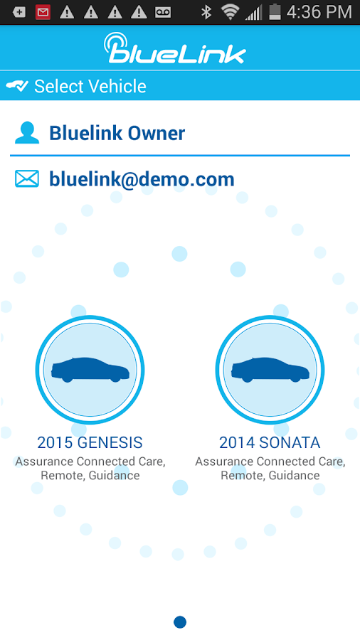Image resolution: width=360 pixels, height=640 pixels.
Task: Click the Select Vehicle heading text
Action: tap(90, 87)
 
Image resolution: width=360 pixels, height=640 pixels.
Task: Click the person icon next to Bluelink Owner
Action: tap(27, 133)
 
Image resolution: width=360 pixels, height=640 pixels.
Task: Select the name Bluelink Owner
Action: tap(117, 133)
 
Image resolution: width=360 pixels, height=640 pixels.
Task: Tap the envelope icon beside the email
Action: tap(27, 178)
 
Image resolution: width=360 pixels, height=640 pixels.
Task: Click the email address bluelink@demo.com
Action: tap(142, 179)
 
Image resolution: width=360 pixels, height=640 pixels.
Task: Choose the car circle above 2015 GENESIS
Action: tap(90, 370)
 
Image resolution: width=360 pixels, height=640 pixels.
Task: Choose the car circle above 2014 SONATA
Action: tap(270, 370)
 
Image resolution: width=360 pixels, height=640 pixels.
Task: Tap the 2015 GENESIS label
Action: tap(90, 442)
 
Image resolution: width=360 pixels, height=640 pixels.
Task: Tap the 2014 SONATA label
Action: tap(270, 442)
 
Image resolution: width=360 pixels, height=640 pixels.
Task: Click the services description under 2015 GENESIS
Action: tap(90, 468)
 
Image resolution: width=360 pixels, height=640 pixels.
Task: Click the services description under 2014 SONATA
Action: tap(270, 468)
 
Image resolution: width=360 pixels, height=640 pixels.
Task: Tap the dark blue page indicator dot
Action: tap(180, 622)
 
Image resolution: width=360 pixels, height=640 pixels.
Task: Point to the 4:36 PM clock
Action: tap(319, 12)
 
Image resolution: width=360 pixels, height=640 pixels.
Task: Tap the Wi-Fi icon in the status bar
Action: tap(229, 12)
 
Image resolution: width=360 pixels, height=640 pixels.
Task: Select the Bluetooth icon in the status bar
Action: tap(206, 12)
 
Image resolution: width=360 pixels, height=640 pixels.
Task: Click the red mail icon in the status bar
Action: tap(43, 12)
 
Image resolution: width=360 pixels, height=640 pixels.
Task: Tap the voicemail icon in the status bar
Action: tap(164, 12)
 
